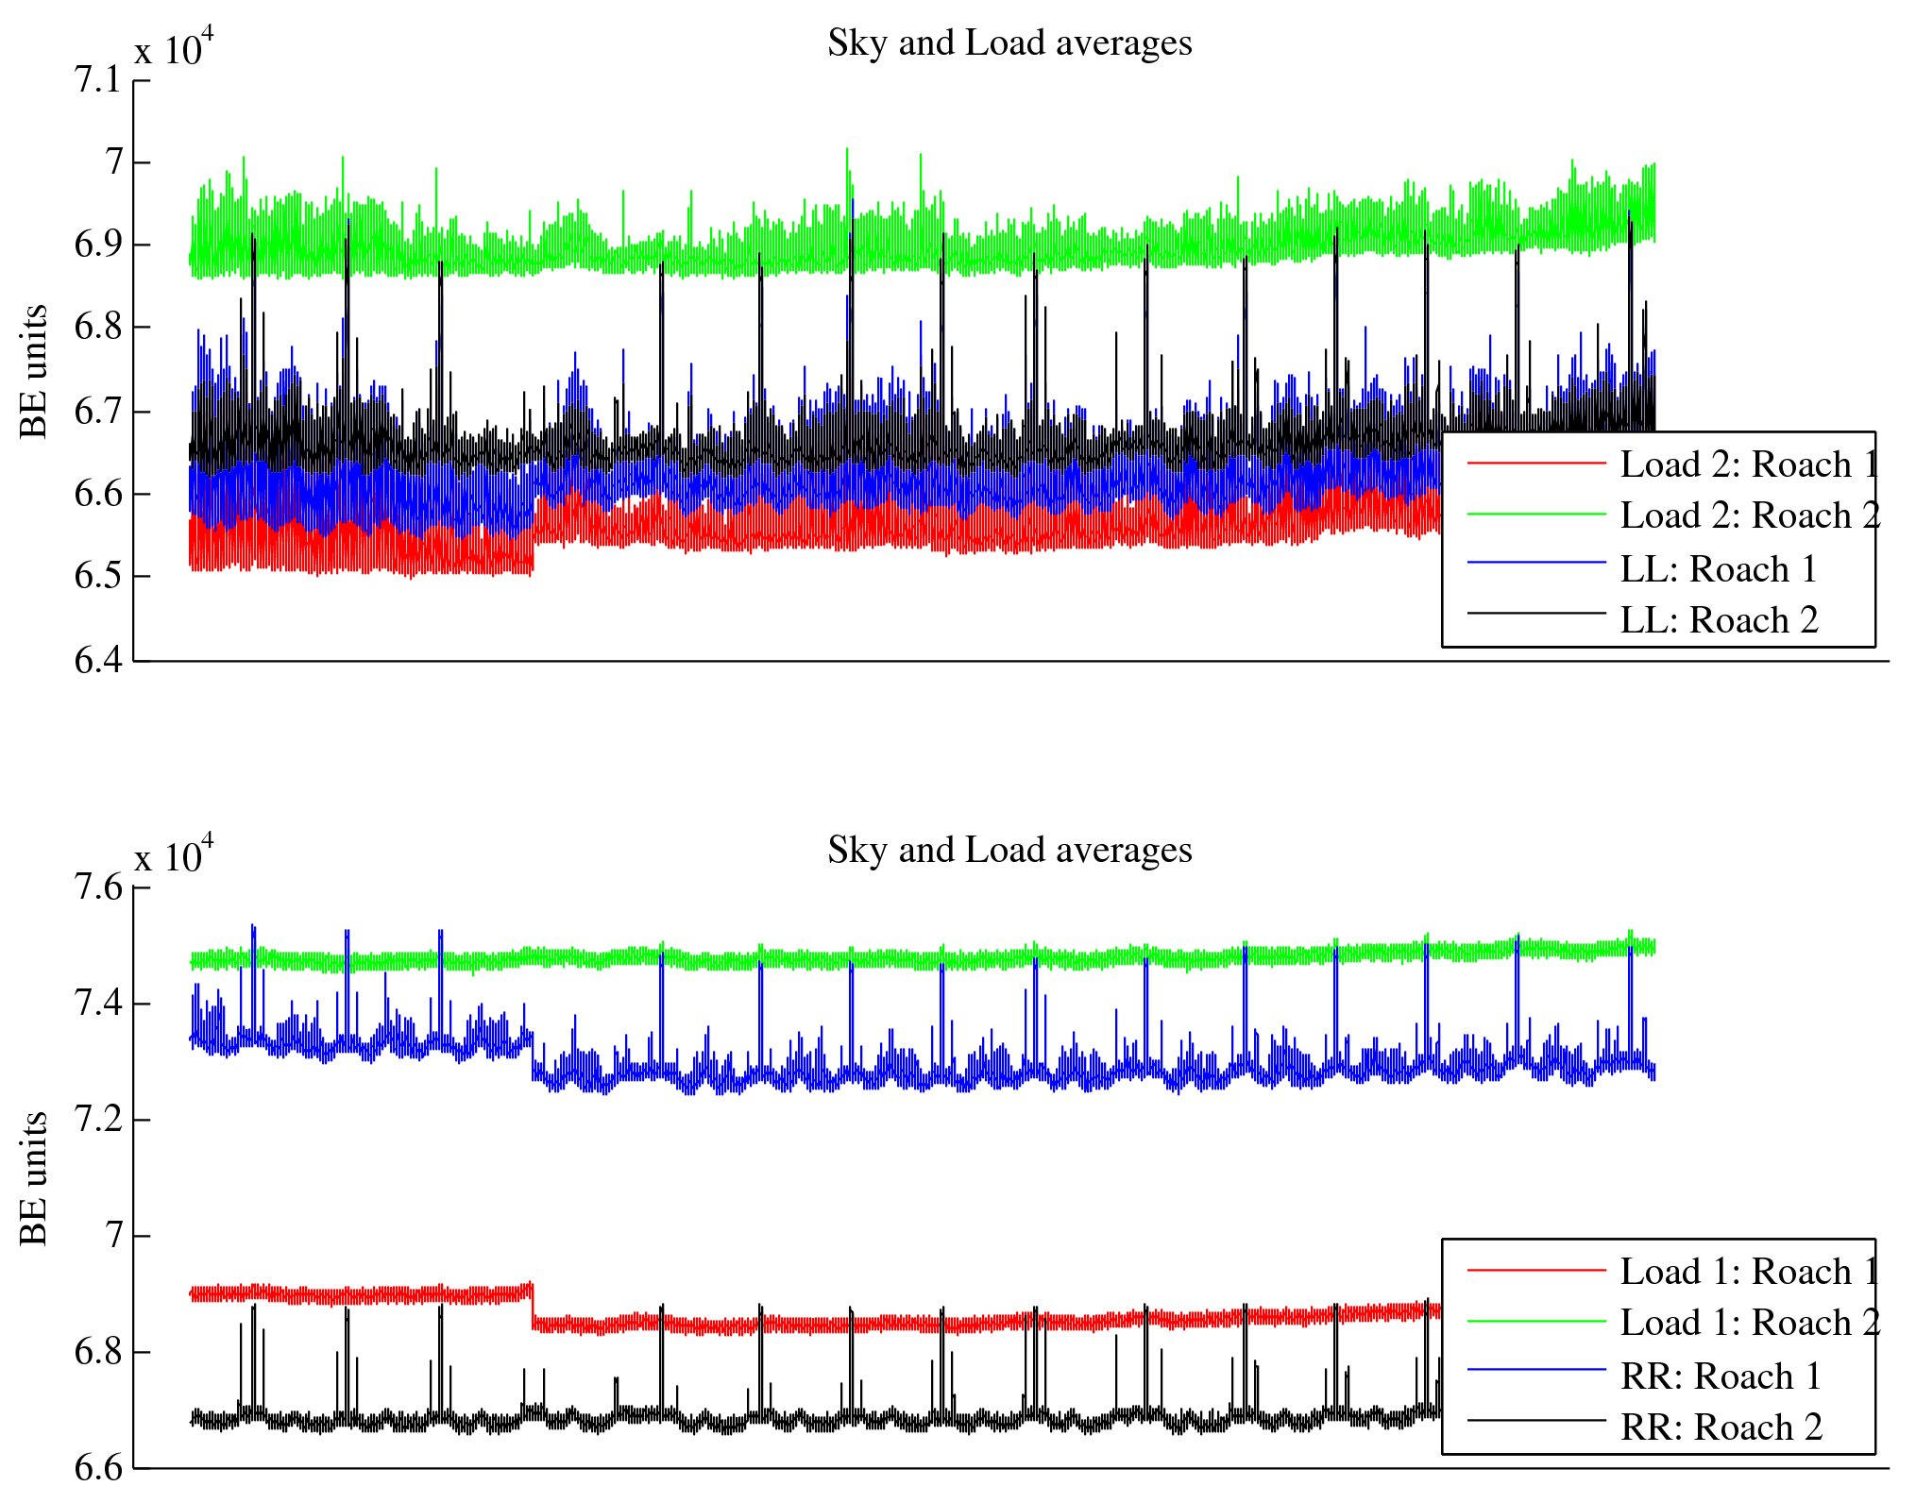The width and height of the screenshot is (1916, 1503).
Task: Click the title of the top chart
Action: point(1009,43)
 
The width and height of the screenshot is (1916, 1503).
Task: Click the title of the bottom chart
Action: point(1009,851)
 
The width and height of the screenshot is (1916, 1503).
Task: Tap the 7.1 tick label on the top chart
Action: point(98,80)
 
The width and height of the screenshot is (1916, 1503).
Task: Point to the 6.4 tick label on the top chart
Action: point(98,660)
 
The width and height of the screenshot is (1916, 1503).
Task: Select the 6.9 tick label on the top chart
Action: point(98,245)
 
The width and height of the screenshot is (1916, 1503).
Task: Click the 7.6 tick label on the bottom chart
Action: point(98,887)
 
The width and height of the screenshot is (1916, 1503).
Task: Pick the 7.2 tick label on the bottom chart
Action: point(98,1120)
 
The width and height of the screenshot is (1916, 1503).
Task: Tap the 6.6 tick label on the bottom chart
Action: point(98,1468)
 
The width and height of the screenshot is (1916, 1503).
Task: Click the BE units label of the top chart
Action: point(34,371)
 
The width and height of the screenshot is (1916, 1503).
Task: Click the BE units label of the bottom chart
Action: point(34,1178)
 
